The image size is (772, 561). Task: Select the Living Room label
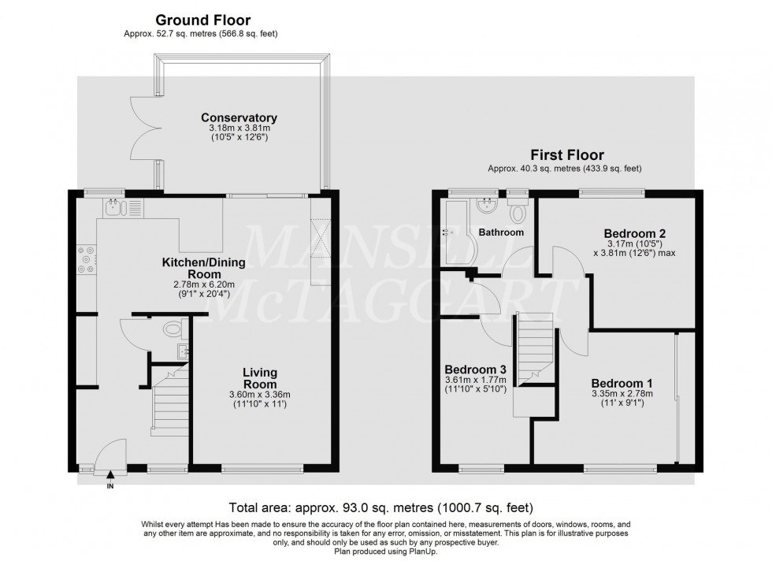point(259,378)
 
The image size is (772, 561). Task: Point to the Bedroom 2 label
point(635,233)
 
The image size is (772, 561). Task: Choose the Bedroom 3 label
point(475,369)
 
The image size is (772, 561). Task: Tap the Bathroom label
point(502,232)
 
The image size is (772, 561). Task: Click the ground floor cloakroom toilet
point(172,329)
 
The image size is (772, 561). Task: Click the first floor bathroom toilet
point(518,211)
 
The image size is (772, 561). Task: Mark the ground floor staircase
point(170,405)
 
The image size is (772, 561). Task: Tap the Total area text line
point(380,507)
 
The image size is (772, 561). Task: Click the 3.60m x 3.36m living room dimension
point(259,395)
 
